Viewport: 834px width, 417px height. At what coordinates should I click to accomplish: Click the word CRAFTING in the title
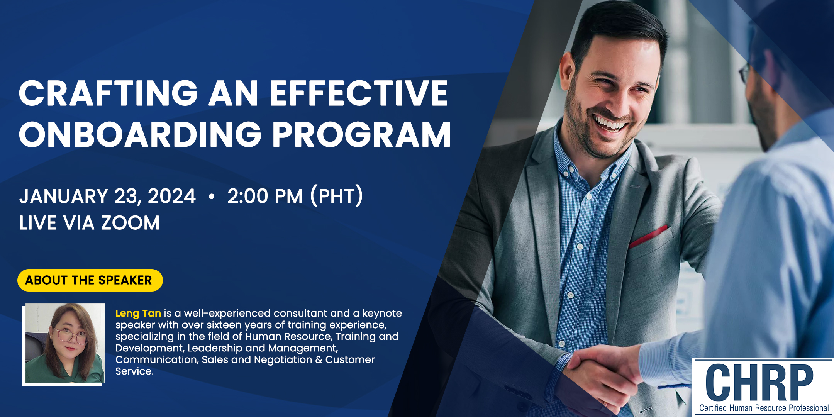point(108,93)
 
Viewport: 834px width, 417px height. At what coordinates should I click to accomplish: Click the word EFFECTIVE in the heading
point(359,93)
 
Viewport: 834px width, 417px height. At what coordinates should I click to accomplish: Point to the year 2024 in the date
point(172,196)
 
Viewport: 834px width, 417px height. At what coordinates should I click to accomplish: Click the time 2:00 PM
point(265,196)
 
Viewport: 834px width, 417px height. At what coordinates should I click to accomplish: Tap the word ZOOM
point(130,223)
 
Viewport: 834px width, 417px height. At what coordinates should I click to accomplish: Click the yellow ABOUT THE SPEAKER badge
point(90,280)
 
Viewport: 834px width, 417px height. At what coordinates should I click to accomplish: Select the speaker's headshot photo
point(64,344)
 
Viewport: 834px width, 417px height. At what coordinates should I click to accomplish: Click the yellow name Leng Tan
point(138,313)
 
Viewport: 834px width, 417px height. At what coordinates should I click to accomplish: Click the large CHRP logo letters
point(759,382)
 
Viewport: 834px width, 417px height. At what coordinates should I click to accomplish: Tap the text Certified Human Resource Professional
point(764,408)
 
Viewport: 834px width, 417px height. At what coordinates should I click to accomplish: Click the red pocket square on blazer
point(649,236)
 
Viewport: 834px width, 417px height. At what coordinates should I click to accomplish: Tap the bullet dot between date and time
point(211,197)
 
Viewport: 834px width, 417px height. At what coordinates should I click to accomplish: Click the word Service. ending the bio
point(134,371)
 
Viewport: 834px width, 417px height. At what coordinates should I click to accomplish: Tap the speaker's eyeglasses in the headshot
point(71,335)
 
